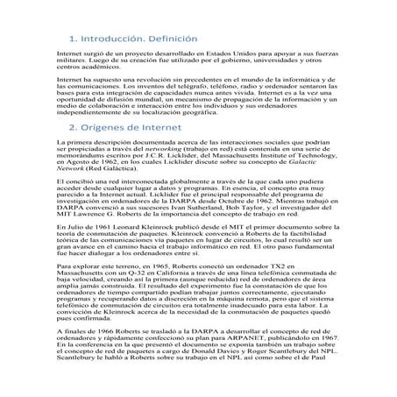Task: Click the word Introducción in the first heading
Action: (x=111, y=39)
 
